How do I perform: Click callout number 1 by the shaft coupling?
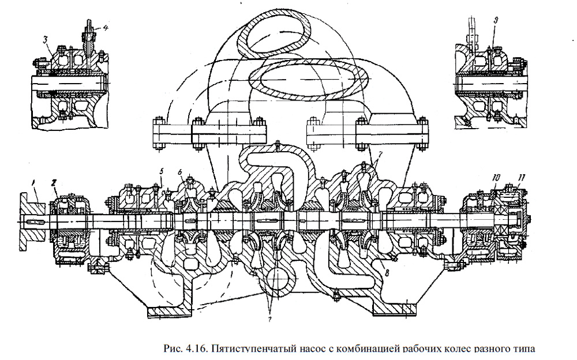[x=33, y=183]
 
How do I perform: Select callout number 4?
[x=97, y=27]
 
